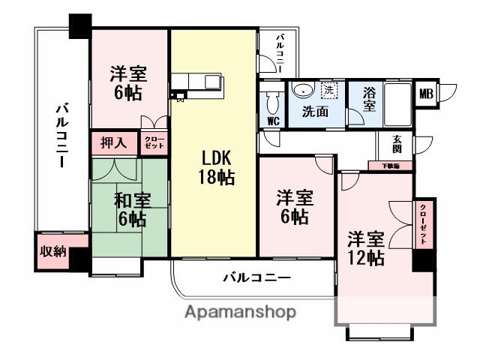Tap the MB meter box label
coord(425,94)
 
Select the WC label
coord(272,121)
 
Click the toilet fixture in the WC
coord(273,99)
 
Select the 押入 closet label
coord(114,142)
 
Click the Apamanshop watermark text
coord(240,312)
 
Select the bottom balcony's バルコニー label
coord(256,278)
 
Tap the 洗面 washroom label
coord(315,112)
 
